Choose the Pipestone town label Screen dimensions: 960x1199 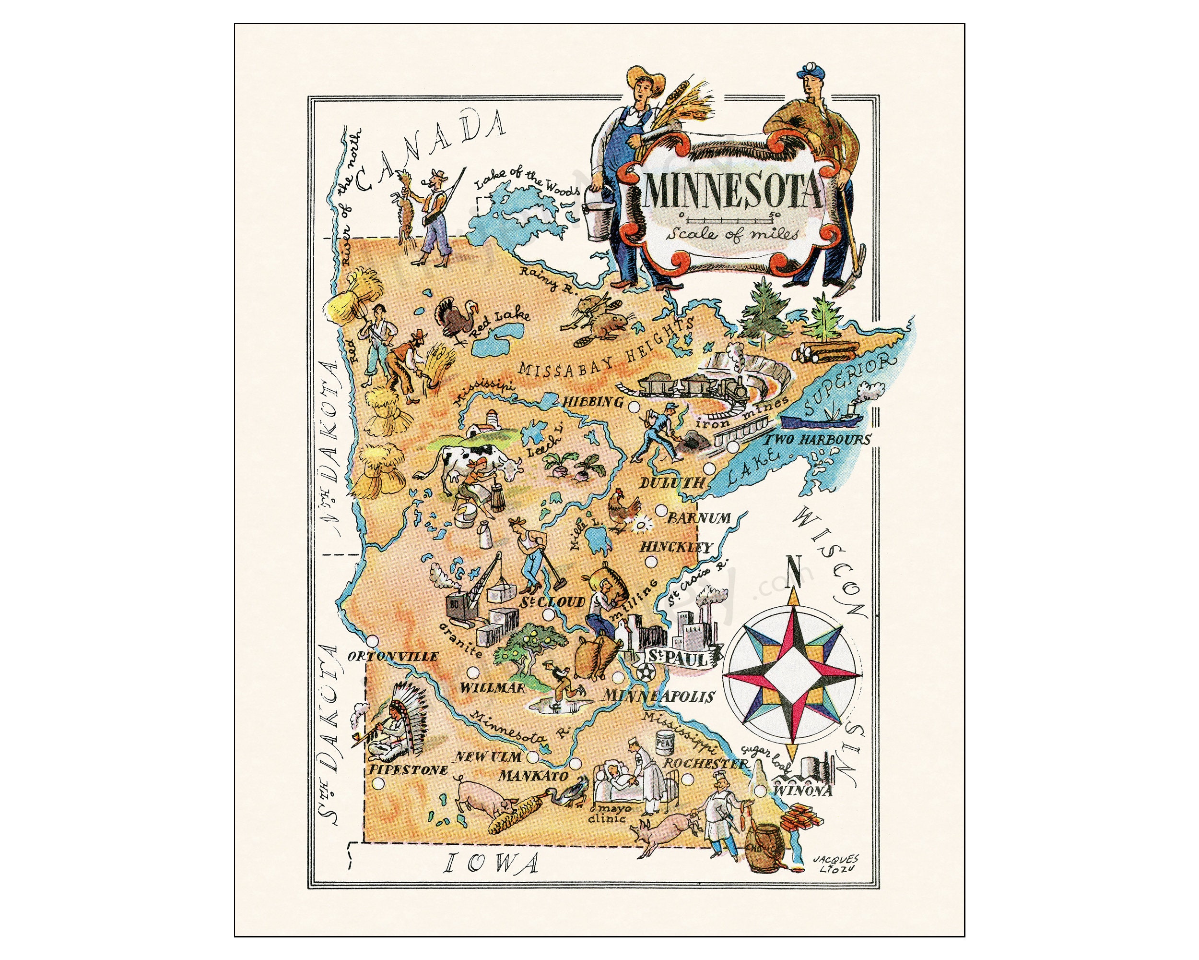[x=408, y=771]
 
